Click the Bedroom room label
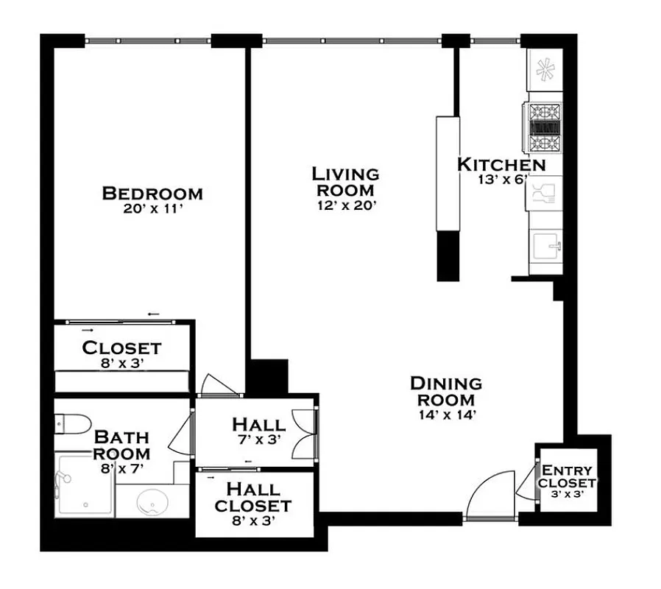pos(152,194)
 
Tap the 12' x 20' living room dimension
pos(345,207)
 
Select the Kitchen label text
pos(501,164)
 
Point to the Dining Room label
pos(445,392)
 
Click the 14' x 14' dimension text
pos(445,415)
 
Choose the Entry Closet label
pos(567,476)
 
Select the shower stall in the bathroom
pos(85,487)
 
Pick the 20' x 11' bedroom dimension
pos(152,209)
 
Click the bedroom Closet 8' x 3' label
pos(121,354)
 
